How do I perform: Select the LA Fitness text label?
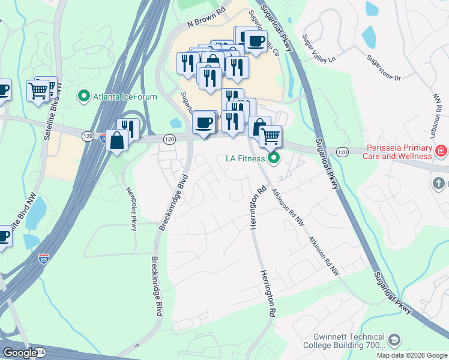click(245, 158)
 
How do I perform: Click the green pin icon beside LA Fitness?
click(274, 158)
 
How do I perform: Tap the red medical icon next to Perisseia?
click(442, 151)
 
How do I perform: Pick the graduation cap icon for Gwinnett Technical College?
click(394, 341)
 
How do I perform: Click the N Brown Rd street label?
click(206, 17)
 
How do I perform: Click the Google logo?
click(20, 353)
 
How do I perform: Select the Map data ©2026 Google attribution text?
click(412, 355)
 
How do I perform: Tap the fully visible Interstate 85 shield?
click(43, 259)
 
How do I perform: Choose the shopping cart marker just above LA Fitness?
click(270, 136)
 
